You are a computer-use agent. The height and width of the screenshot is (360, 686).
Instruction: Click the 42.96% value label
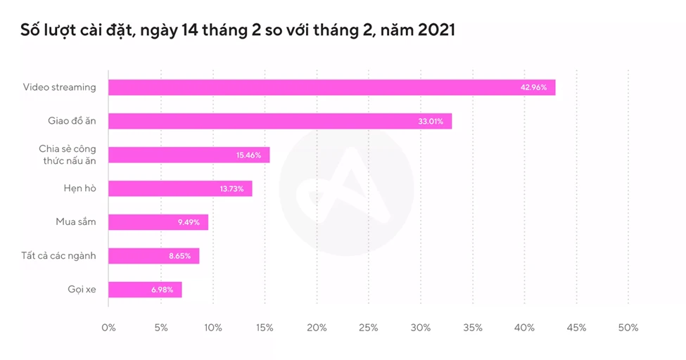pyautogui.click(x=534, y=87)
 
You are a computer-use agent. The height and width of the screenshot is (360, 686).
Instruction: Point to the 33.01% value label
pyautogui.click(x=431, y=121)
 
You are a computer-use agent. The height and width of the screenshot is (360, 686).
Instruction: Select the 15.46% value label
pyautogui.click(x=248, y=155)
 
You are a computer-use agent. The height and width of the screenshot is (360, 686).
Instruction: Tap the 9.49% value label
pyautogui.click(x=189, y=222)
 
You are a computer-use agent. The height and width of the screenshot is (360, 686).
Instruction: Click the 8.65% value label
pyautogui.click(x=179, y=256)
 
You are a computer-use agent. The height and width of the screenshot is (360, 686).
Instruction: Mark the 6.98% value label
pyautogui.click(x=163, y=290)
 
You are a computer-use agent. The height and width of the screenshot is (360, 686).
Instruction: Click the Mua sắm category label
pyautogui.click(x=76, y=222)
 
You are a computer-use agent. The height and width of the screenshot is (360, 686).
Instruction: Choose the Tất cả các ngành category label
pyautogui.click(x=58, y=256)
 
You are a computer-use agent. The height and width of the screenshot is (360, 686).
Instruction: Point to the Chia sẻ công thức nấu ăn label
pyautogui.click(x=68, y=155)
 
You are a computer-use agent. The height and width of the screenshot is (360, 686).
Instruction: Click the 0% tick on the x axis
pyautogui.click(x=108, y=328)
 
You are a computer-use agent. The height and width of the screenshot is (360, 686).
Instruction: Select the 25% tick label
pyautogui.click(x=368, y=328)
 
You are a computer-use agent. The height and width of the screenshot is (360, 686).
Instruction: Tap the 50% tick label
pyautogui.click(x=628, y=328)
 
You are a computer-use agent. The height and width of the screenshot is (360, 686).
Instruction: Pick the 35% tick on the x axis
pyautogui.click(x=472, y=328)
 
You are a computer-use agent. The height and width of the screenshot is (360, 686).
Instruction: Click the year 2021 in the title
pyautogui.click(x=434, y=30)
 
